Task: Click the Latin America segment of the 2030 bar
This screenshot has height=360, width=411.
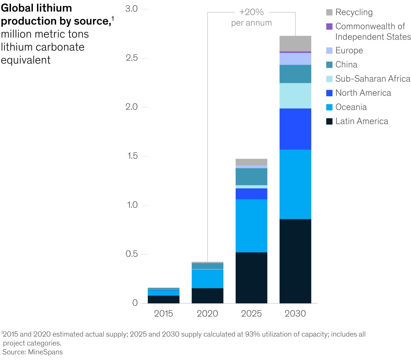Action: point(295,261)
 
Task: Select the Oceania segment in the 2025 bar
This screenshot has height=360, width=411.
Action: point(251,226)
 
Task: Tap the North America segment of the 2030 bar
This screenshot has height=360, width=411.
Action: point(295,129)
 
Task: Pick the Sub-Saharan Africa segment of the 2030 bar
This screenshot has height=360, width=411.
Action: point(295,96)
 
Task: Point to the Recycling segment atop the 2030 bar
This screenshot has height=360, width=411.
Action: point(295,43)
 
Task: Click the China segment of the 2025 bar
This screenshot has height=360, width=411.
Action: point(251,177)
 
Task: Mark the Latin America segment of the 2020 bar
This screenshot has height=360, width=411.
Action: point(208,296)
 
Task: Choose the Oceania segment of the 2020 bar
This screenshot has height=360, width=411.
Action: point(208,279)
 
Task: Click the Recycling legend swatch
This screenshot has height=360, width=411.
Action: point(329,12)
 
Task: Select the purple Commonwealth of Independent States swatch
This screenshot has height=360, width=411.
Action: point(329,26)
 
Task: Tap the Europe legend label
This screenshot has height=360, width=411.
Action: point(349,51)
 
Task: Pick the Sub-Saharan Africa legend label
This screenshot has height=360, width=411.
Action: point(373,79)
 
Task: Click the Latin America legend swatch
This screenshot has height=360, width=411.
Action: point(329,121)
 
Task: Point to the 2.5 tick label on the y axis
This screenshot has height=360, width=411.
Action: point(132,58)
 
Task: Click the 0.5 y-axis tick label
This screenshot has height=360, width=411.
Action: point(132,254)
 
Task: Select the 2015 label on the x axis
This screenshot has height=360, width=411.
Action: point(163,313)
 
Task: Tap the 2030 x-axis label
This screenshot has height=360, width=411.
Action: point(295,313)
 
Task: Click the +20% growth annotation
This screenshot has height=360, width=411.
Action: point(251,12)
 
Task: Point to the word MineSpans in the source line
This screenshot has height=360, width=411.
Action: point(46,352)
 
